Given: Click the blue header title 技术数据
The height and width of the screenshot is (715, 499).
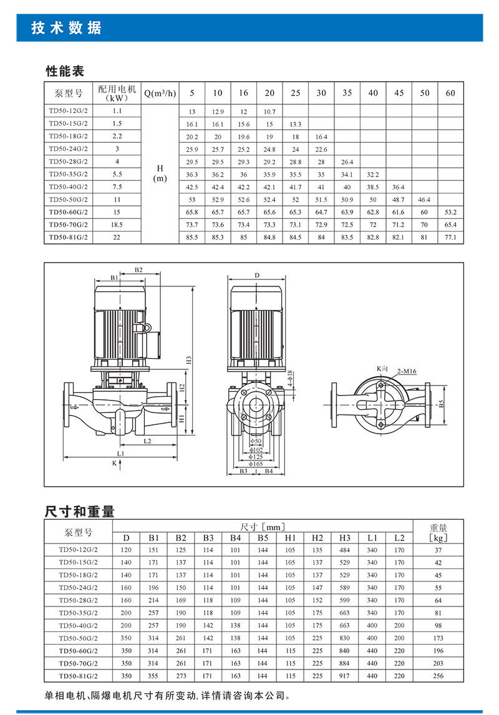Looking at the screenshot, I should pyautogui.click(x=66, y=29).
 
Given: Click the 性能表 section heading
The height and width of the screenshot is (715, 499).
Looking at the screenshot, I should pyautogui.click(x=64, y=71).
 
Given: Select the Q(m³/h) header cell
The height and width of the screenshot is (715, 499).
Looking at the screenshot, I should pyautogui.click(x=160, y=93).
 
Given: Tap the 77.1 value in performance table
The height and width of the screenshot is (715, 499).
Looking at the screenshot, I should pyautogui.click(x=450, y=238).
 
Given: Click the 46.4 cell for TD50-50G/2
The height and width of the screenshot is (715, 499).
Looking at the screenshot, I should pyautogui.click(x=424, y=200).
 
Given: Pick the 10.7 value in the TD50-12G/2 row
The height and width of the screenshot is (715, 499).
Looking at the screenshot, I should pyautogui.click(x=269, y=111).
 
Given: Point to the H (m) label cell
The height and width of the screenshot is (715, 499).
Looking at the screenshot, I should pyautogui.click(x=160, y=174).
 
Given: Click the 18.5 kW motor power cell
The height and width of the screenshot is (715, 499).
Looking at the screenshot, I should pyautogui.click(x=117, y=225).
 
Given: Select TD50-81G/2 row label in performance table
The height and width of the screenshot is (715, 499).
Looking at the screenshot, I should pyautogui.click(x=69, y=238).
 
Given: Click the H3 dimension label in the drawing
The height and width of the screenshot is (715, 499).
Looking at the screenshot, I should pyautogui.click(x=187, y=360).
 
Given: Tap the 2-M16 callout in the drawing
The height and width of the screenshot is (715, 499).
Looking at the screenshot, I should pyautogui.click(x=406, y=372).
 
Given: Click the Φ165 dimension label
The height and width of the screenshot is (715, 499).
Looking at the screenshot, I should pyautogui.click(x=256, y=464).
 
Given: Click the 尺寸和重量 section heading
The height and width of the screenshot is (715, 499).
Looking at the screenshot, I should pyautogui.click(x=80, y=512).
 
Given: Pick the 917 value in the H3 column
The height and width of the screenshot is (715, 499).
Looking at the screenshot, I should pyautogui.click(x=345, y=676).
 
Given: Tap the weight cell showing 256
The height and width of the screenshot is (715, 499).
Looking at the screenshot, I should pyautogui.click(x=438, y=676).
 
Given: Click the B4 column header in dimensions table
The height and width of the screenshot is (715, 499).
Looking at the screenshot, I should pyautogui.click(x=235, y=538).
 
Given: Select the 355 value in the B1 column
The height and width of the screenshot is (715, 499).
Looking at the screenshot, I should pyautogui.click(x=153, y=676).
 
